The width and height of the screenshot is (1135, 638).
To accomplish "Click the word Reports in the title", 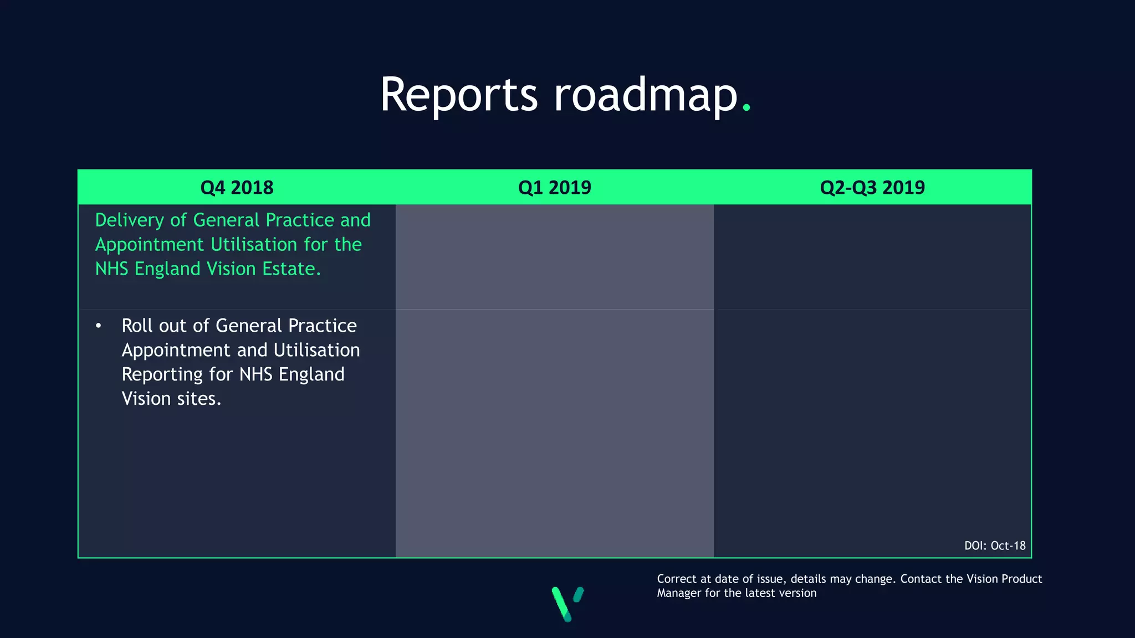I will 458,95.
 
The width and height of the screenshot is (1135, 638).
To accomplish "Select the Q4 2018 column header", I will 237,188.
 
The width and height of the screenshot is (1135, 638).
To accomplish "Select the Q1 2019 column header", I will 554,188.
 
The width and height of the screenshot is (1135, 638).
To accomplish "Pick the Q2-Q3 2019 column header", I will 872,188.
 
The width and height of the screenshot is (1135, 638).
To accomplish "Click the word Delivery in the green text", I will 130,220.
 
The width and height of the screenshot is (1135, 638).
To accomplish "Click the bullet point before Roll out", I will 99,326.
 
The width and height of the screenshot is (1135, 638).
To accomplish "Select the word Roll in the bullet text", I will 136,326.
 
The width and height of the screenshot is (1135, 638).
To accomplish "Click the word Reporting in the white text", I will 162,375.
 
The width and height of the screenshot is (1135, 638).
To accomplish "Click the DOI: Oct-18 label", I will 995,546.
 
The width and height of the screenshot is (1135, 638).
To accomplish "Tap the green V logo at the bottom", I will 567,603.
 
